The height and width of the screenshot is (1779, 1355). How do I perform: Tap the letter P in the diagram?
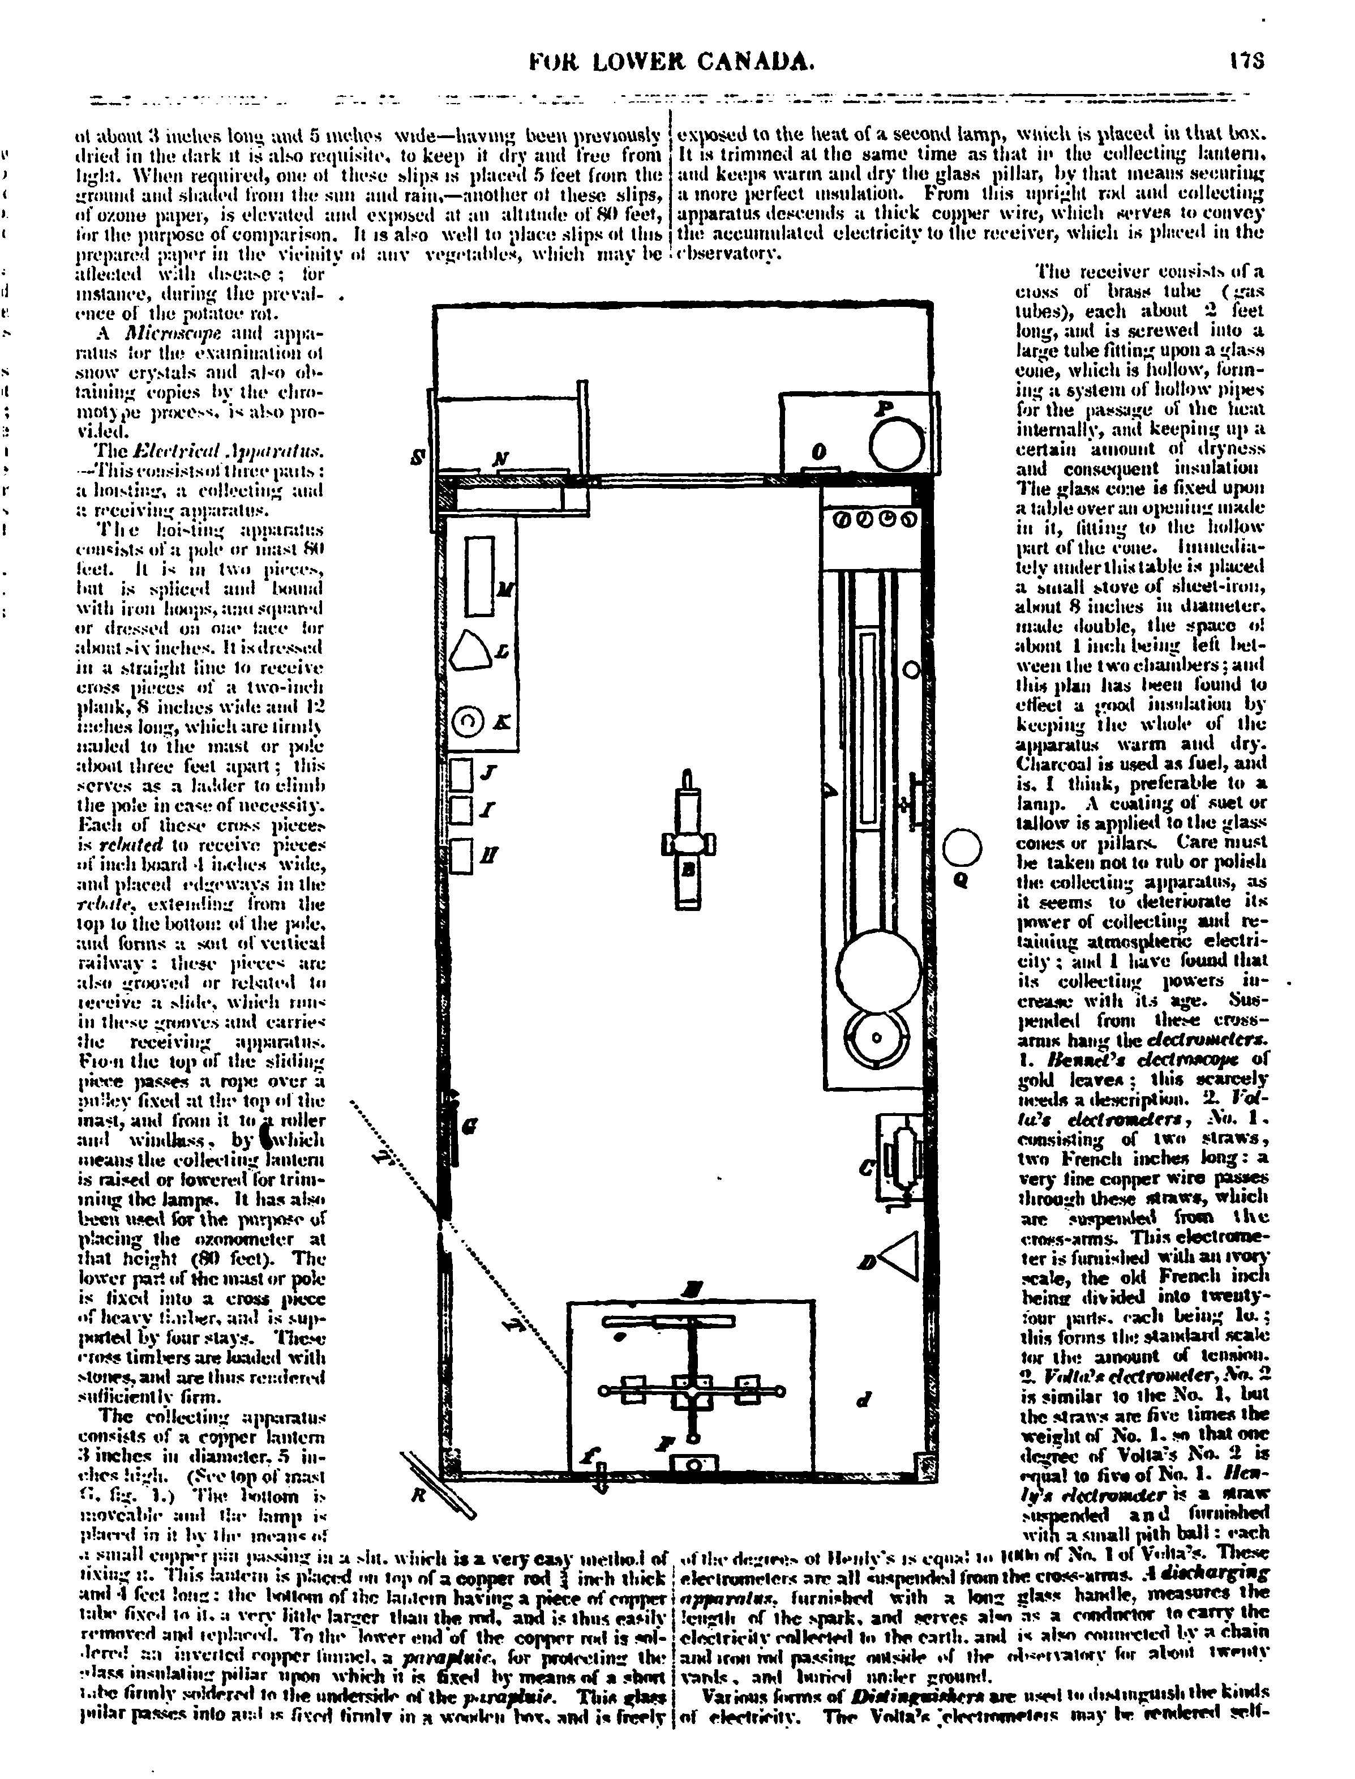tap(885, 409)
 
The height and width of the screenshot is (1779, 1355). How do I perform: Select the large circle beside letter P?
tap(897, 444)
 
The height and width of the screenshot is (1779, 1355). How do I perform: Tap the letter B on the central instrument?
tap(689, 868)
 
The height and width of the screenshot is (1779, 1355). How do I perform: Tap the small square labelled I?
tap(461, 810)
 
